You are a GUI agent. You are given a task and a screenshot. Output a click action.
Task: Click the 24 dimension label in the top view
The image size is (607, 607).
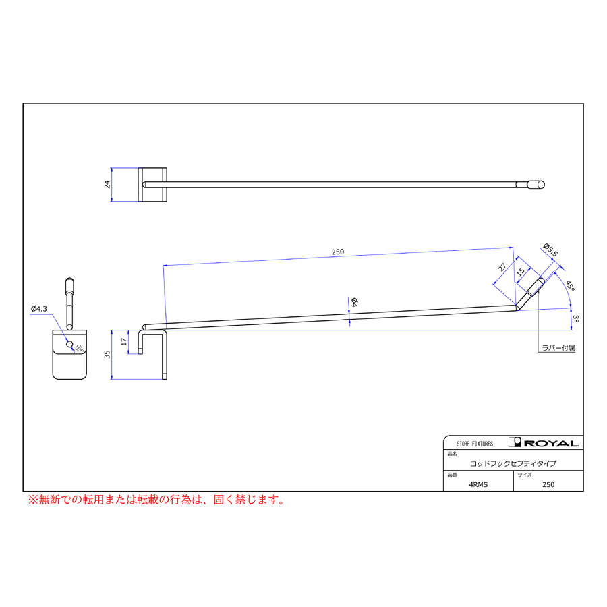[107, 185]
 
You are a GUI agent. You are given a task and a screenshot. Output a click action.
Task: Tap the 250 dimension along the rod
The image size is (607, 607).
[338, 252]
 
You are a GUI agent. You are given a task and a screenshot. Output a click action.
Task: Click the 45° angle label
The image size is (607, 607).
[570, 286]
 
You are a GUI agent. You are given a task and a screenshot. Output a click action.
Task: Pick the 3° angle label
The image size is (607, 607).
[575, 318]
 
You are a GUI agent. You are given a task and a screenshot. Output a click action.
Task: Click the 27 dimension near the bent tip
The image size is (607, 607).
[502, 267]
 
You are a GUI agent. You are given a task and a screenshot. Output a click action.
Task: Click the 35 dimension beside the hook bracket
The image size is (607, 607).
[107, 355]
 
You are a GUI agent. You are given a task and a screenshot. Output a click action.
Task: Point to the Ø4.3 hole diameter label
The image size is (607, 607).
[39, 309]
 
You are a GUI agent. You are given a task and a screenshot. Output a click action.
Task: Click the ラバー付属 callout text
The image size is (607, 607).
[558, 349]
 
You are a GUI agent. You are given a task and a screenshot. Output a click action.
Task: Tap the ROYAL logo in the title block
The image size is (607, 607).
[546, 443]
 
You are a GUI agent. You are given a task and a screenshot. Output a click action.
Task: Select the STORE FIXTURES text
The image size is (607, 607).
[475, 444]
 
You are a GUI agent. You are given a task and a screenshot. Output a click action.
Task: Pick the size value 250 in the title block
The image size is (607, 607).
[548, 484]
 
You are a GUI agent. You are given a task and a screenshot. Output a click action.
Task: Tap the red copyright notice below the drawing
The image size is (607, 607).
[155, 500]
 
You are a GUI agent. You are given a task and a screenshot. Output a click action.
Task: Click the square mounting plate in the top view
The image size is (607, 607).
[152, 185]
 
